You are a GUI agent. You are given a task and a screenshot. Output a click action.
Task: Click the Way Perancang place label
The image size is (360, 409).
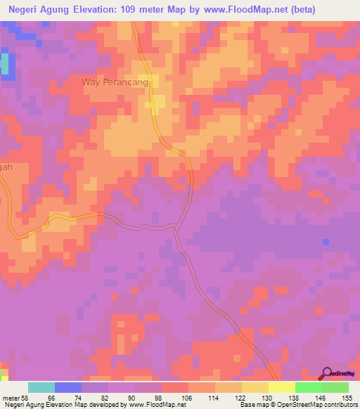tap(115, 82)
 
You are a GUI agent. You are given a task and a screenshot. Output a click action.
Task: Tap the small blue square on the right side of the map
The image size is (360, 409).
tap(325, 242)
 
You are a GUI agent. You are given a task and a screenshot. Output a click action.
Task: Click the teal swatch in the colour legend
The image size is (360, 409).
tap(41, 387)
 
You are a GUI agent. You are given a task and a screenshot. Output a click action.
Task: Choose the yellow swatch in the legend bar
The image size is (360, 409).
tap(281, 387)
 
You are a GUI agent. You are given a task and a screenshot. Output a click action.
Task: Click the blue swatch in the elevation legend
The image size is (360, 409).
tap(68, 387)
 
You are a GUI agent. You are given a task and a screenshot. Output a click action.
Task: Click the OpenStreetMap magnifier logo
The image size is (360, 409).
tap(326, 373)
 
